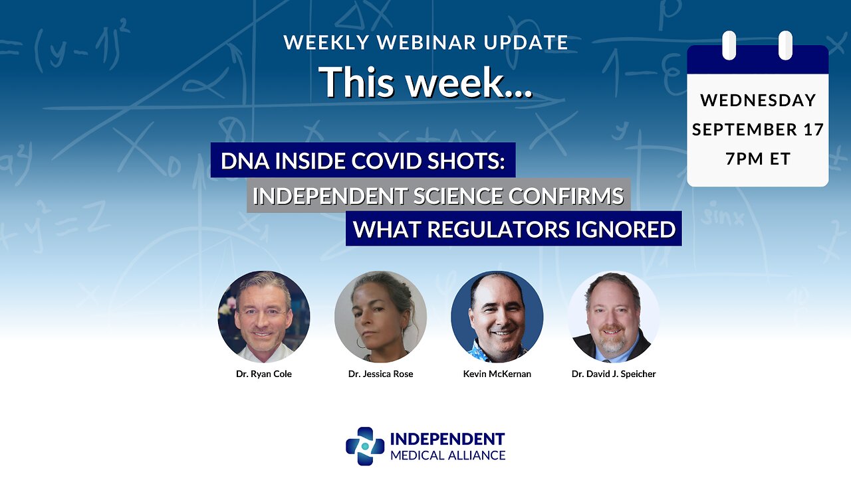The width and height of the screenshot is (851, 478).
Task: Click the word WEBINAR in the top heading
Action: click(x=427, y=42)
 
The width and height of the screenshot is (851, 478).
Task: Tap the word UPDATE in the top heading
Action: click(x=526, y=42)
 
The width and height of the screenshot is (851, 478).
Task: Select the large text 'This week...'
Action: click(x=425, y=82)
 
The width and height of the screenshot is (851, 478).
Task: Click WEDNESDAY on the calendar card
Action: click(x=758, y=100)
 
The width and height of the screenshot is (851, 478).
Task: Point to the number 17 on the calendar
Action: click(x=813, y=129)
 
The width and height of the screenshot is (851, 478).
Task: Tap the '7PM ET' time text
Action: click(x=758, y=159)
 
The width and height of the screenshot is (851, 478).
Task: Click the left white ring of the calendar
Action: click(x=729, y=45)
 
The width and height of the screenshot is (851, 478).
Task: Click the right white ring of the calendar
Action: click(x=785, y=45)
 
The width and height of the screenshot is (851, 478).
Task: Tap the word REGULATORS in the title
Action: click(x=499, y=229)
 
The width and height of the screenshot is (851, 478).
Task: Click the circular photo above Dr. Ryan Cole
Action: click(x=264, y=317)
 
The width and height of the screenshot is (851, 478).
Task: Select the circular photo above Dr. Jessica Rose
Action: click(x=380, y=317)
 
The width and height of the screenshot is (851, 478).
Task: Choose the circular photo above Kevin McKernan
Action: click(x=497, y=317)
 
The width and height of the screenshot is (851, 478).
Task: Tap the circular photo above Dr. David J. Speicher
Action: click(x=614, y=317)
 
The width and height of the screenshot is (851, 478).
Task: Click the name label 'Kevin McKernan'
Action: click(x=497, y=374)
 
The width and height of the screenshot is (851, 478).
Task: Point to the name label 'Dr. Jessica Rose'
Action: click(x=380, y=374)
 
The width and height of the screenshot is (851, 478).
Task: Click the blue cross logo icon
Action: click(x=365, y=446)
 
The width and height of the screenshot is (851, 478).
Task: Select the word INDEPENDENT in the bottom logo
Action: click(x=447, y=439)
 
